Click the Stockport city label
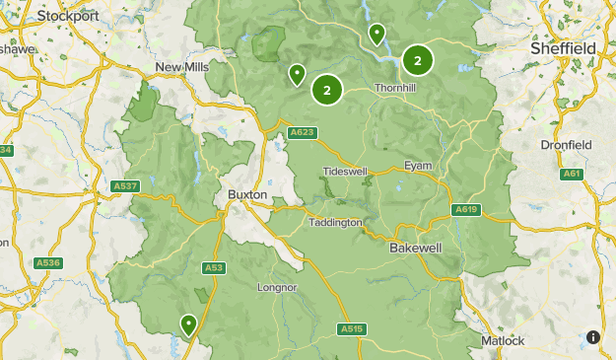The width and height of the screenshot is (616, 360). click(67, 16)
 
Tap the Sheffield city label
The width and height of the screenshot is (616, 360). click(563, 47)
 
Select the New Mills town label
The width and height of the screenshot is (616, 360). click(181, 67)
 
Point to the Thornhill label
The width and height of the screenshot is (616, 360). click(397, 88)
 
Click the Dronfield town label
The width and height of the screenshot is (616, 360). click(566, 145)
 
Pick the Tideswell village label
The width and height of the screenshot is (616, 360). click(345, 172)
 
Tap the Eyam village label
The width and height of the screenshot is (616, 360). click(418, 166)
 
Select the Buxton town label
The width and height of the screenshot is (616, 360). click(247, 195)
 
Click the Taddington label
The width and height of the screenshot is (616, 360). click(336, 223)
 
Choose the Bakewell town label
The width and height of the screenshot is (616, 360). click(415, 247)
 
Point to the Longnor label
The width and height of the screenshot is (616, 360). click(277, 288)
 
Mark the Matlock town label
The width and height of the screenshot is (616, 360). click(504, 340)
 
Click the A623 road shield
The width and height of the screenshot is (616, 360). click(303, 132)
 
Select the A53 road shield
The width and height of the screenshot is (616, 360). click(214, 267)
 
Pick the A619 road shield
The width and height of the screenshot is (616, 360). click(466, 209)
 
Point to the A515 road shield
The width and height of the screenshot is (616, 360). click(351, 328)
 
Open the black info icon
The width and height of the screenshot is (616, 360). click(593, 337)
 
